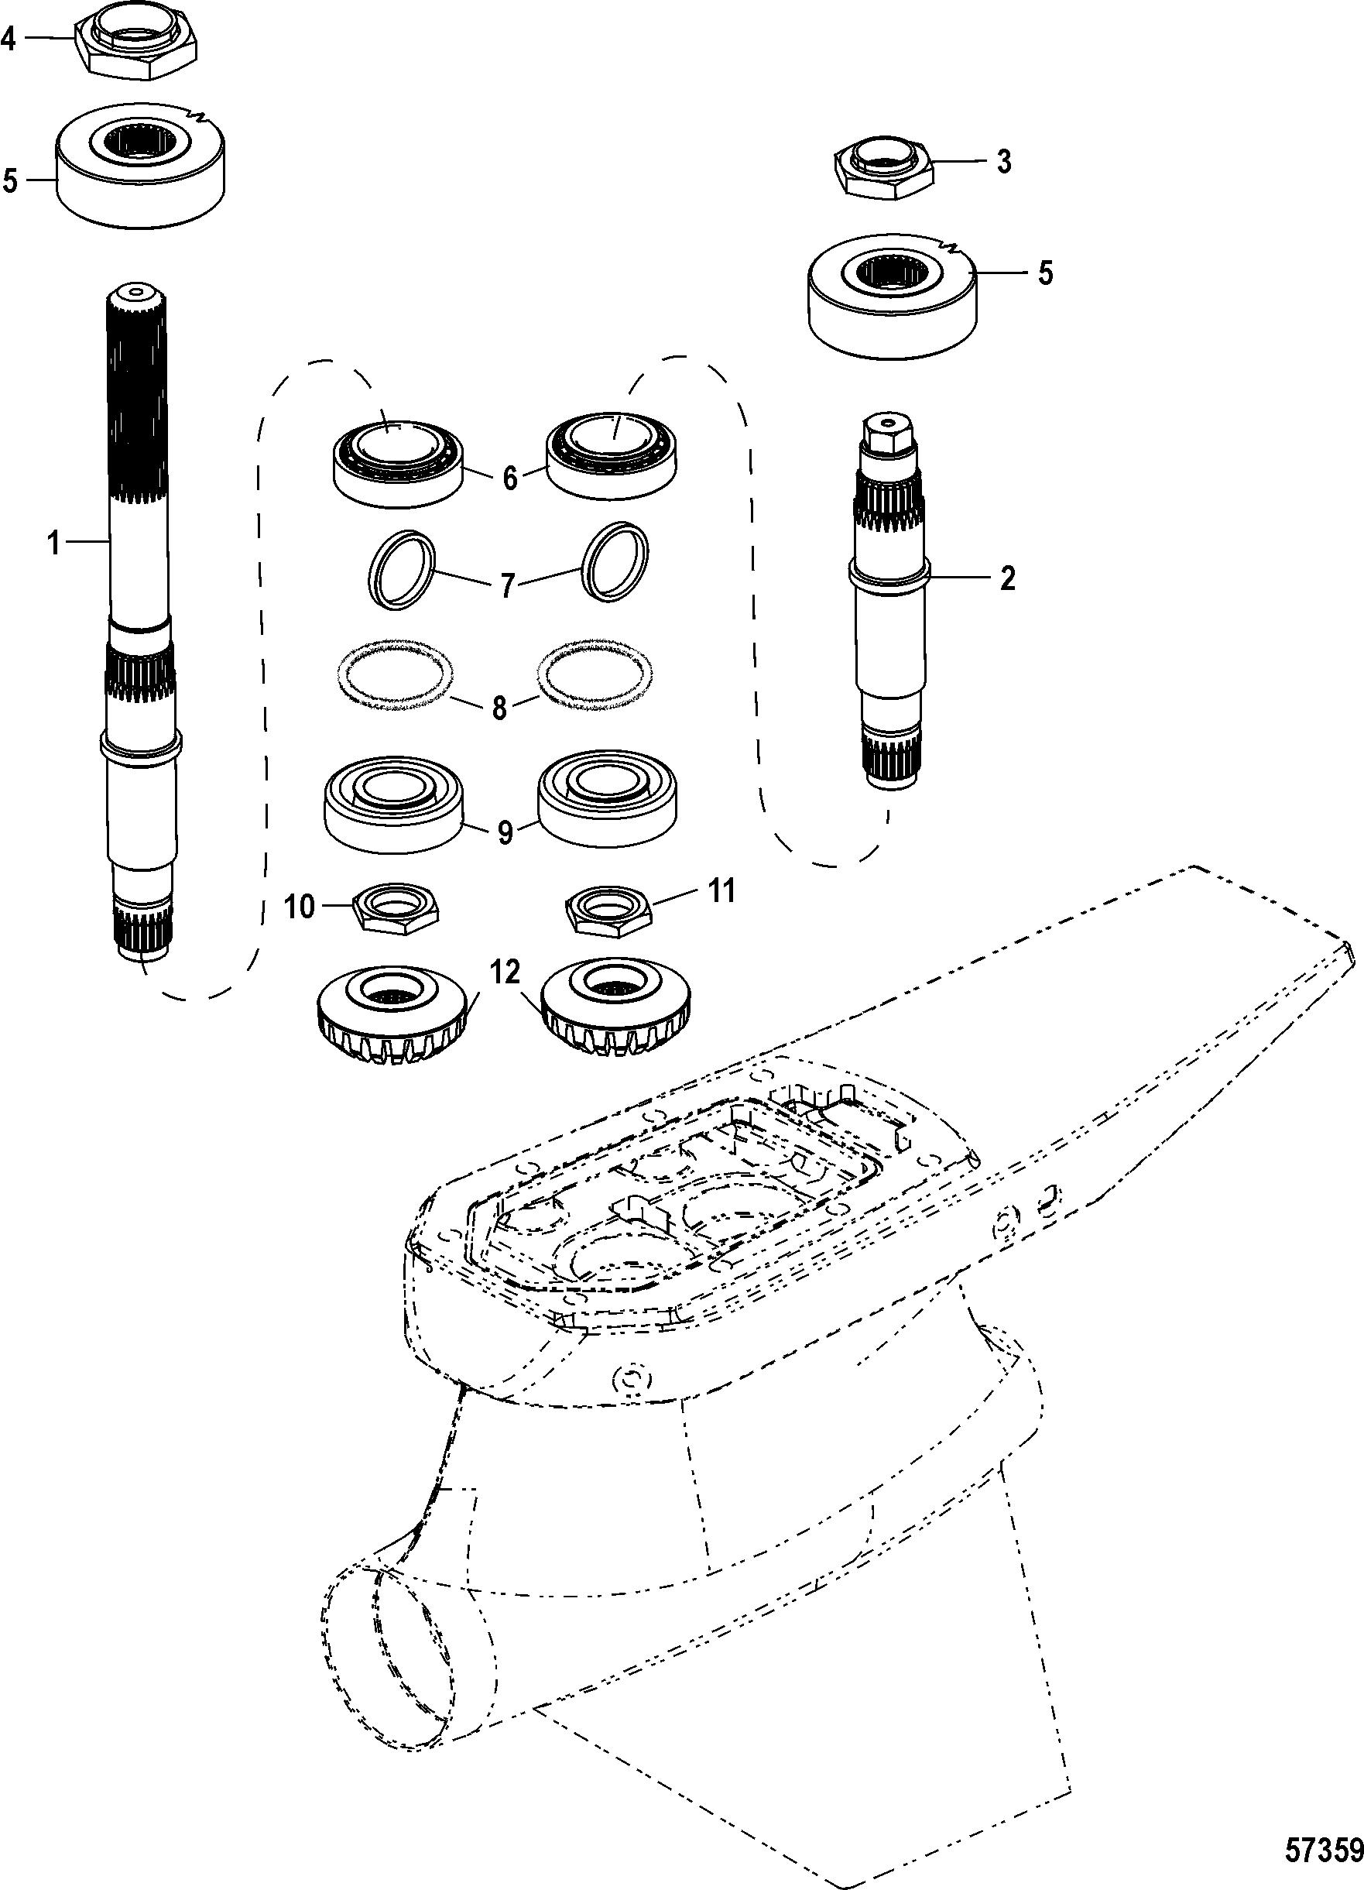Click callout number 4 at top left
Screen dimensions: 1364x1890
click(x=9, y=39)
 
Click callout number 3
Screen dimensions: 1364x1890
click(x=1004, y=161)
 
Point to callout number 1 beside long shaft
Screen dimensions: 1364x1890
click(x=54, y=544)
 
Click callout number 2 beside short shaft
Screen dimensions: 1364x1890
click(x=1007, y=578)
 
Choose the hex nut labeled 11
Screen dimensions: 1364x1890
click(x=608, y=910)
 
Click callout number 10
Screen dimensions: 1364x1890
click(x=299, y=906)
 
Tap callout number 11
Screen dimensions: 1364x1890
click(x=721, y=891)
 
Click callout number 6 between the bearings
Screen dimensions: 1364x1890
click(x=510, y=478)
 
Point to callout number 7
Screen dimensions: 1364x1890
click(x=508, y=586)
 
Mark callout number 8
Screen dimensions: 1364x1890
click(x=499, y=708)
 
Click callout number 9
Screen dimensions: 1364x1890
click(x=504, y=833)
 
